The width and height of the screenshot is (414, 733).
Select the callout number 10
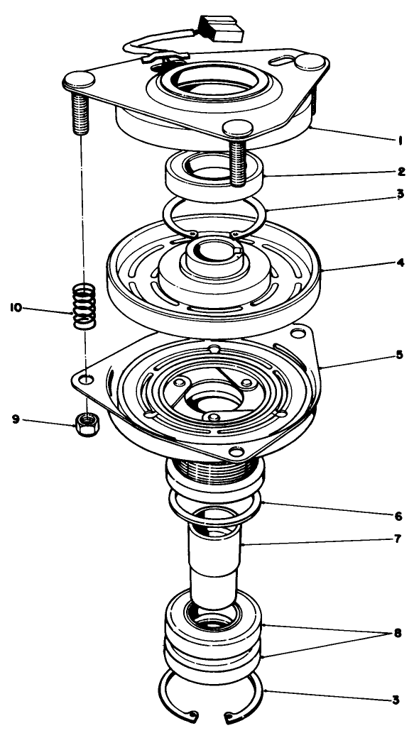tap(15, 307)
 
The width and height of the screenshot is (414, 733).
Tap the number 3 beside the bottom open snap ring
tap(396, 700)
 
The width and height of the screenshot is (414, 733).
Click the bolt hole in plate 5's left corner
tap(85, 380)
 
